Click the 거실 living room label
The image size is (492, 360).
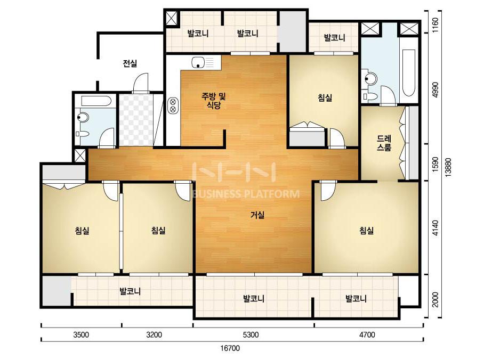257,215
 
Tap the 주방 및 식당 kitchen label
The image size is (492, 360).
213,101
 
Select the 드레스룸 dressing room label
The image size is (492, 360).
384,143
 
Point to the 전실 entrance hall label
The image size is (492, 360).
130,64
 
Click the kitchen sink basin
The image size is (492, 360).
198,62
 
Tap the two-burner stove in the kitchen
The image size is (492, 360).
173,105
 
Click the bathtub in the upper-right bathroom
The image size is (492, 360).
408,73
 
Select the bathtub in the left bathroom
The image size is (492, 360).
96,101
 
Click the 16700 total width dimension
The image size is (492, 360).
230,348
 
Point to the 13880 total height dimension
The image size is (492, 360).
448,167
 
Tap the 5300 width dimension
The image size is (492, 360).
251,335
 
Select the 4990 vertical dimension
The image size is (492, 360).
435,90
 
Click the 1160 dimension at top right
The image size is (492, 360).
435,25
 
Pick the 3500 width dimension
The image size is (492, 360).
81,335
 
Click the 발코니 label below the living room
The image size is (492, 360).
254,298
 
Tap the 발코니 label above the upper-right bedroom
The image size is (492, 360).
334,38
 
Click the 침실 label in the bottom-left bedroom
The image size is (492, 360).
82,231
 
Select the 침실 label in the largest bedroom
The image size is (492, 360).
367,231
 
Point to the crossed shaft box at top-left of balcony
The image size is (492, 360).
172,18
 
